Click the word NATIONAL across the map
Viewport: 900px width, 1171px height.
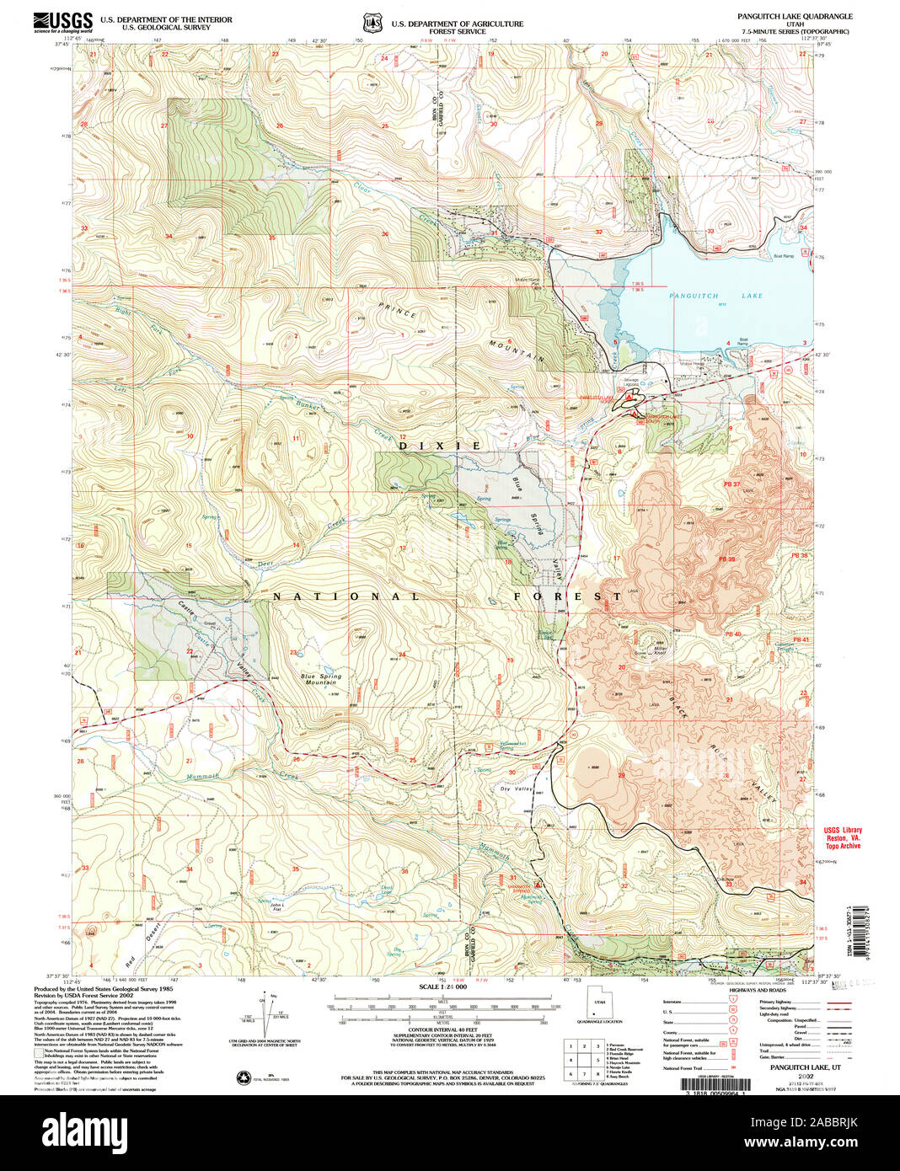click(x=346, y=596)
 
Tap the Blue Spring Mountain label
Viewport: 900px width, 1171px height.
click(x=319, y=679)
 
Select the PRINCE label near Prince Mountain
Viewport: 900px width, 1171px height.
click(x=397, y=310)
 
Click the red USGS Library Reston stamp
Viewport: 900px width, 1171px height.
click(x=843, y=837)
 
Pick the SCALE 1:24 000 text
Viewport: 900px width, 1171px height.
click(x=442, y=987)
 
